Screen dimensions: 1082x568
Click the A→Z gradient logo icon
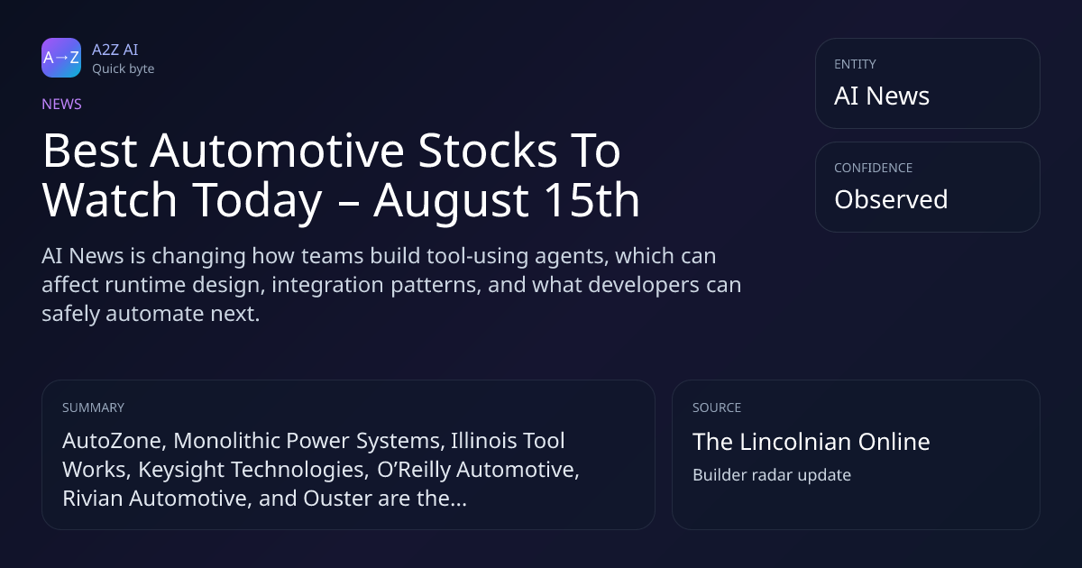(x=61, y=58)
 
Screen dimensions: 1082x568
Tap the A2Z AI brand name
(x=115, y=50)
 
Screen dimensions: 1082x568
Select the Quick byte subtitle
(x=124, y=69)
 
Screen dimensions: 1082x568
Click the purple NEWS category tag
(x=61, y=104)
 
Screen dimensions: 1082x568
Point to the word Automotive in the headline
(x=277, y=151)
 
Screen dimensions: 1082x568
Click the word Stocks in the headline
(x=488, y=151)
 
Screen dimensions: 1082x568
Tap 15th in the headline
(x=591, y=199)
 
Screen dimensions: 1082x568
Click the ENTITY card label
(x=855, y=64)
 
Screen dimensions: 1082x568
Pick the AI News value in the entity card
(x=882, y=96)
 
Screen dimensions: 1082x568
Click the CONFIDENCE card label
(x=873, y=168)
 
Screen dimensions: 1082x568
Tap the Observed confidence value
(x=891, y=199)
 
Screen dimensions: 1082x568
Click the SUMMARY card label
(x=93, y=408)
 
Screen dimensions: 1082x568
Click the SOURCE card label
(x=716, y=408)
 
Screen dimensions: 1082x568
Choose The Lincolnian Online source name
(x=811, y=442)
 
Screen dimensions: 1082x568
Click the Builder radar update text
(x=772, y=475)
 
